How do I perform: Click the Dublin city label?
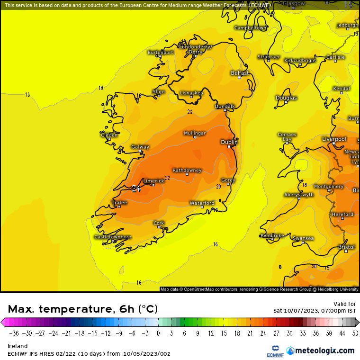pos(229,142)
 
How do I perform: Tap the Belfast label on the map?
pos(240,73)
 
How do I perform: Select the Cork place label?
pos(159,223)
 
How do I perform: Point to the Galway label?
pos(140,147)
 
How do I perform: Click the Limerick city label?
pos(153,180)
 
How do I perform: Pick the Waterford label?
pos(202,203)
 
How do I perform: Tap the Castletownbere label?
pos(112,236)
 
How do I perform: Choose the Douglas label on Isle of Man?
pos(286,98)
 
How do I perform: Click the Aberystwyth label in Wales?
pos(299,195)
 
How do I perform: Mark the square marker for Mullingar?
pos(194,138)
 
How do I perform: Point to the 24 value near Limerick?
pos(136,189)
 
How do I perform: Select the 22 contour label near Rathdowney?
pos(167,178)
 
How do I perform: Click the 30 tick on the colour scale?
pos(289,333)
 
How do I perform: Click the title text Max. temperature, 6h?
pos(71,309)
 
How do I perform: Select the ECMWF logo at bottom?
pos(273,351)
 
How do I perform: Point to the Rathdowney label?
pos(187,170)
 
